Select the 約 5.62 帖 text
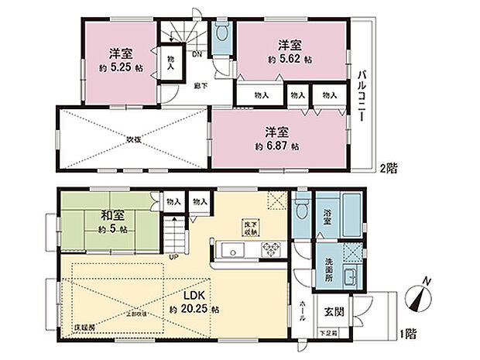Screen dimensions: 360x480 (290, 59)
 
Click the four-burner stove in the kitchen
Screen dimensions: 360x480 (273, 249)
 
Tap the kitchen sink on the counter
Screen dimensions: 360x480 (231, 250)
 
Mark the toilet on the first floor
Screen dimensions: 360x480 (301, 211)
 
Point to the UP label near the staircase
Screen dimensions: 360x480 (175, 256)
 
